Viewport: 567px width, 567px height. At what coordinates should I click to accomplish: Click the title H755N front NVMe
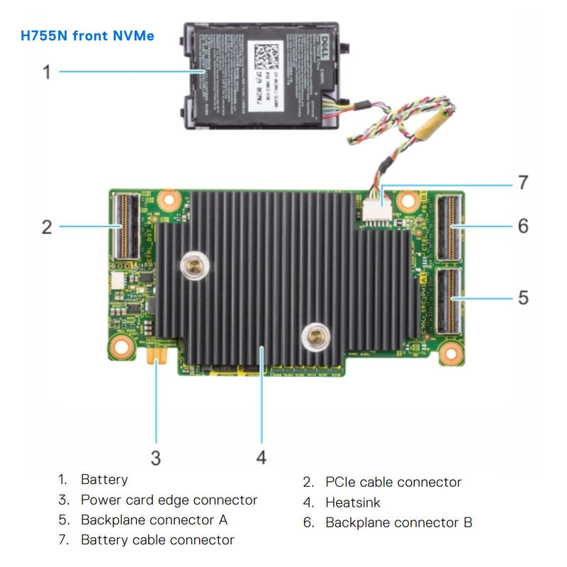click(88, 35)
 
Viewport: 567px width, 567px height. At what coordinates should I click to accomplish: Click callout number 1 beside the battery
click(47, 72)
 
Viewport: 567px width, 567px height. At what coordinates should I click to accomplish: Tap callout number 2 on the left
click(47, 227)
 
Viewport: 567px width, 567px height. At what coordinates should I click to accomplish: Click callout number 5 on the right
click(523, 297)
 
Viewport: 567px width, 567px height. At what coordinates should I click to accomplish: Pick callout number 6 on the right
click(523, 226)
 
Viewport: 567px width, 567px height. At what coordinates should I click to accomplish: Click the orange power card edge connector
click(157, 352)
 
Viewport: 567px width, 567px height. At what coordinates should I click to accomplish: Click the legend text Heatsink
click(353, 503)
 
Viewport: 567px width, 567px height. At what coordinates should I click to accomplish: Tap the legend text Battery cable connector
click(157, 539)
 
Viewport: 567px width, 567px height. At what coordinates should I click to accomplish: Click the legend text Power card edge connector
click(169, 500)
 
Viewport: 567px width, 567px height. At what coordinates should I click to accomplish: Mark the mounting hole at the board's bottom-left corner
click(122, 347)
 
